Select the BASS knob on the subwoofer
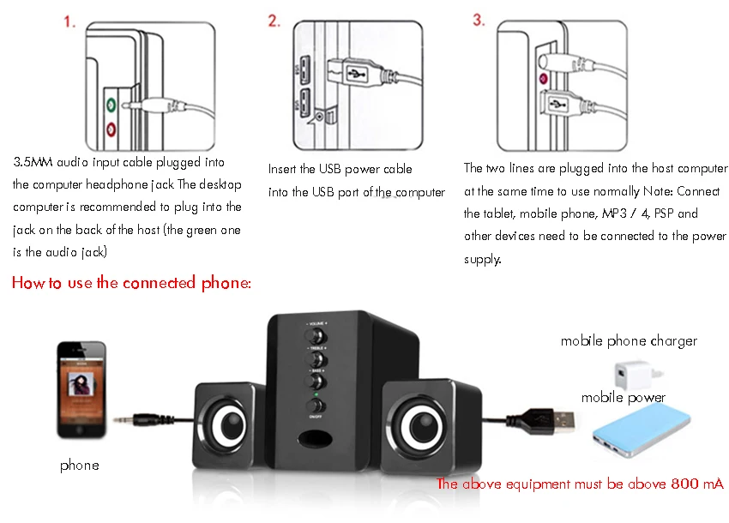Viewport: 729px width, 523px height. click(316, 381)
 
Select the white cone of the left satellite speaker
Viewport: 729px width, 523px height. click(226, 426)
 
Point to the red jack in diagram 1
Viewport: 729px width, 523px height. click(111, 129)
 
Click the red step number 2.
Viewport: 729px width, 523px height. click(274, 21)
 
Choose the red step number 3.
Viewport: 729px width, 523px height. click(479, 21)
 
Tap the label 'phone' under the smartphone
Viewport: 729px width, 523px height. click(80, 466)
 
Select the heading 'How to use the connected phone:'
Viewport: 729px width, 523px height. click(131, 283)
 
